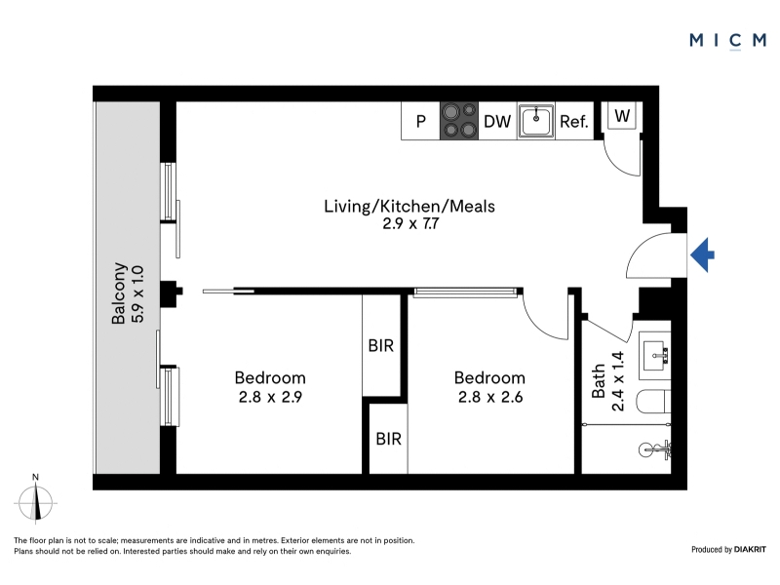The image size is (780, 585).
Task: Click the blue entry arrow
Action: pyautogui.click(x=702, y=255)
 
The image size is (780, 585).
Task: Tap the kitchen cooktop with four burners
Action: pyautogui.click(x=459, y=120)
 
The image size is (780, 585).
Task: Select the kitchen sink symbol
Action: pyautogui.click(x=535, y=120)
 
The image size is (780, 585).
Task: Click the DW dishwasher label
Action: pyautogui.click(x=497, y=121)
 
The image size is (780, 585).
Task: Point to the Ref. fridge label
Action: pyautogui.click(x=574, y=121)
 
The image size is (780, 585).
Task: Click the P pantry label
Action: pyautogui.click(x=421, y=121)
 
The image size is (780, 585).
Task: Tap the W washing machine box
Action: pyautogui.click(x=622, y=115)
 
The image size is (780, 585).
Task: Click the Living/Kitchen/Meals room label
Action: pyautogui.click(x=409, y=206)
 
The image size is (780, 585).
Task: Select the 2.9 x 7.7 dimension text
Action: pyautogui.click(x=410, y=224)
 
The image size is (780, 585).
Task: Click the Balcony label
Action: pyautogui.click(x=118, y=293)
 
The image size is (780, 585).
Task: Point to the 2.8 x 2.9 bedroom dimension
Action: pyautogui.click(x=270, y=397)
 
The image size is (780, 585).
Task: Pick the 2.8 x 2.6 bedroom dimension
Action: pyautogui.click(x=490, y=397)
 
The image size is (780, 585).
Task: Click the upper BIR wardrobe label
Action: pyautogui.click(x=381, y=346)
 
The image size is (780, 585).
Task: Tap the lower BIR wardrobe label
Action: pyautogui.click(x=388, y=439)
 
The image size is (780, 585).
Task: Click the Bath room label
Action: pyautogui.click(x=599, y=381)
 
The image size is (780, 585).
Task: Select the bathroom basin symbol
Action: pyautogui.click(x=655, y=356)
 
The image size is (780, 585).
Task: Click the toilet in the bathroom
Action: pyautogui.click(x=653, y=402)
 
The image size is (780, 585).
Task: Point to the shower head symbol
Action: pyautogui.click(x=654, y=449)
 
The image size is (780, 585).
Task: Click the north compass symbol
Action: pyautogui.click(x=35, y=499)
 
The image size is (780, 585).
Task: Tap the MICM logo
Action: pyautogui.click(x=727, y=40)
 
